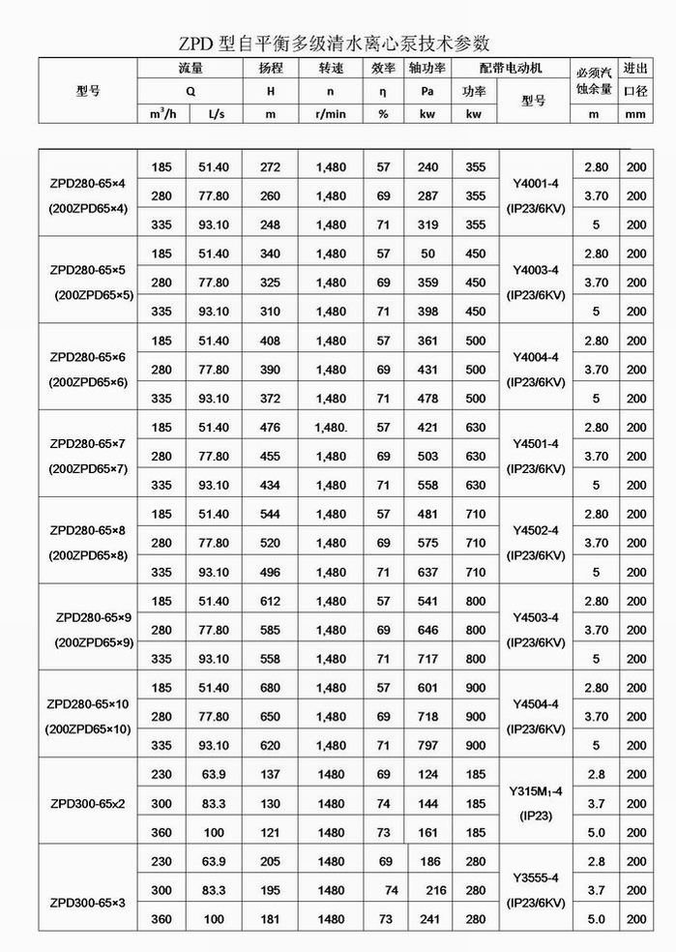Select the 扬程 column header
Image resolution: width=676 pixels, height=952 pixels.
tap(271, 69)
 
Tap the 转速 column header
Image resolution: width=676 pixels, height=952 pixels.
tap(331, 69)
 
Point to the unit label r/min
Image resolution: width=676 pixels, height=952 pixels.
tap(331, 114)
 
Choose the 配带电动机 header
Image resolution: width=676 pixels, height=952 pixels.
tap(510, 69)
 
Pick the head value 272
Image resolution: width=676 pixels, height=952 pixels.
tap(271, 167)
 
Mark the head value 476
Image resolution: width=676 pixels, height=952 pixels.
tap(271, 427)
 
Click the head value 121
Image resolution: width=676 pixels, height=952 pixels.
tap(271, 832)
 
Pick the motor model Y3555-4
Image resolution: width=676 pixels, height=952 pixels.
tap(534, 875)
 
